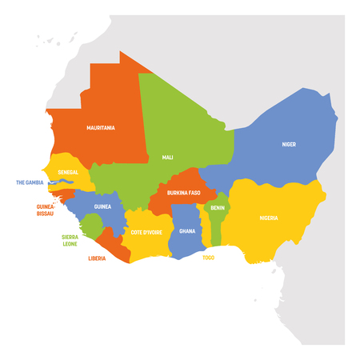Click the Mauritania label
point(102,127)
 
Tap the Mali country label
point(167,158)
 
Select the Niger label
point(288,145)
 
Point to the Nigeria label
point(269,218)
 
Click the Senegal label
point(68,172)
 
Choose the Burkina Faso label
point(183,193)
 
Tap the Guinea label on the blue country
point(102,206)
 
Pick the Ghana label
point(186,231)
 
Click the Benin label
point(217,206)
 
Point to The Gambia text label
point(30,182)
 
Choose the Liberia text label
point(97,258)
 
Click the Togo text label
point(208,258)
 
